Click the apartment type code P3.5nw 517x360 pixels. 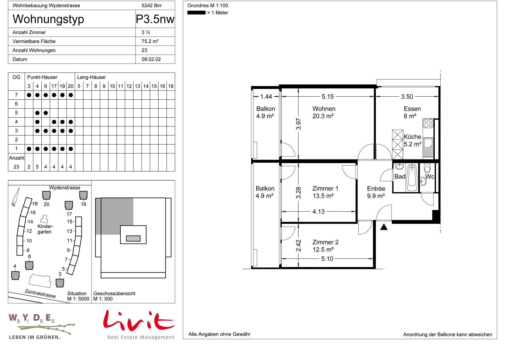click(x=155, y=19)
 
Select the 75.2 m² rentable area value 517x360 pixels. click(x=150, y=41)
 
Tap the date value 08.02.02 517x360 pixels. click(x=151, y=59)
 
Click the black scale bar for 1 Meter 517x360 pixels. click(x=196, y=13)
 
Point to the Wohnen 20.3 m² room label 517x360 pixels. click(x=324, y=112)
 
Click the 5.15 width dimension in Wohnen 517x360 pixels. click(x=328, y=97)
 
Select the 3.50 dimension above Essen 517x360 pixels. click(x=407, y=97)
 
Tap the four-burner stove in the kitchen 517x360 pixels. click(x=428, y=123)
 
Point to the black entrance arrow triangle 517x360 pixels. click(x=384, y=227)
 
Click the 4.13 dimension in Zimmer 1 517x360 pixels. click(x=318, y=212)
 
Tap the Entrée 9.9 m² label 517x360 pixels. click(x=376, y=192)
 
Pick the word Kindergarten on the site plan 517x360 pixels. click(x=45, y=229)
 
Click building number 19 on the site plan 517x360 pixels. click(x=83, y=204)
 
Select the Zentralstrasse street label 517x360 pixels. click(x=40, y=293)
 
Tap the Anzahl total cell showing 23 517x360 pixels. click(x=16, y=167)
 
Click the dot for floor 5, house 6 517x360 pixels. click(x=46, y=113)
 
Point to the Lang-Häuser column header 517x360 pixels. click(x=91, y=77)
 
